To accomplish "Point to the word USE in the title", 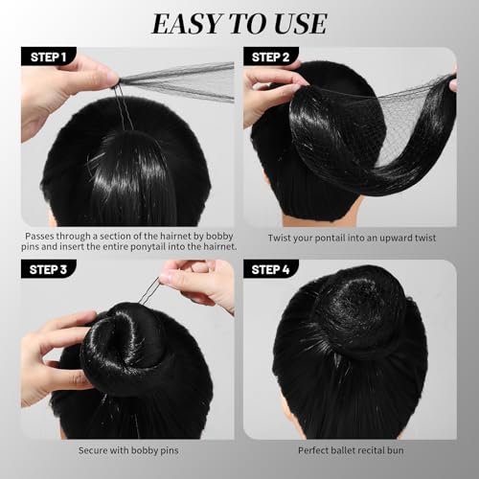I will (299, 23).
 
